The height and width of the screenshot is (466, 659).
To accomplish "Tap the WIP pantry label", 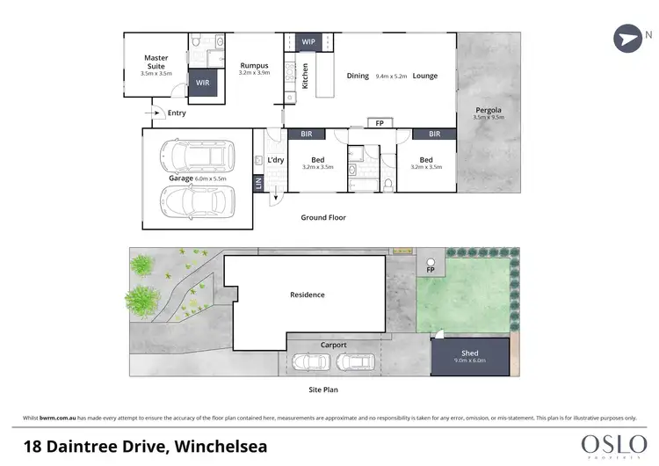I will tap(308, 41).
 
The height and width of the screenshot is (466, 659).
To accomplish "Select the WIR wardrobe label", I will tap(203, 83).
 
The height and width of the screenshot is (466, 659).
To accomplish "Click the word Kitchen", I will tap(305, 76).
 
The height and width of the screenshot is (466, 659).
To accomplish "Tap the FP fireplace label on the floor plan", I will tap(380, 124).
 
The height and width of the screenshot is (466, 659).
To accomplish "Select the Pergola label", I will tap(488, 112).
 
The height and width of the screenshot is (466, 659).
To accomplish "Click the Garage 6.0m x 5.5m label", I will tap(198, 178).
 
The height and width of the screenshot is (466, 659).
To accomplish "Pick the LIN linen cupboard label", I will tap(258, 183).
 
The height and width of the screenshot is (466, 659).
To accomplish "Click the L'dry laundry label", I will tap(275, 159).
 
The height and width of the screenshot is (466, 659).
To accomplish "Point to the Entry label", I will tap(177, 113).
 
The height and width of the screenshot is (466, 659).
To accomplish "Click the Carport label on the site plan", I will tap(333, 345).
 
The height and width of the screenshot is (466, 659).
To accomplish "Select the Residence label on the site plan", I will tap(307, 295).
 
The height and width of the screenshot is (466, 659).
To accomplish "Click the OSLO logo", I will tap(613, 441).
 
